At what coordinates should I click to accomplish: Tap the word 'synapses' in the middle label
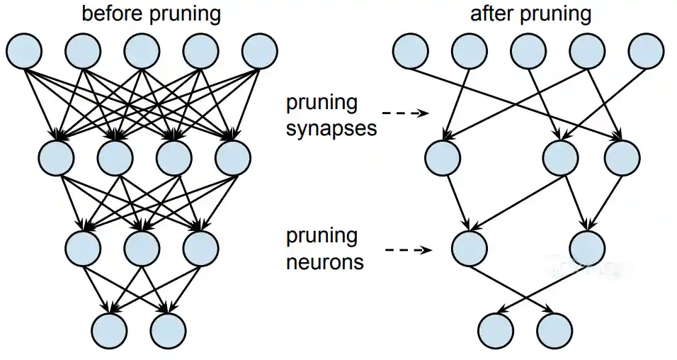tap(331, 128)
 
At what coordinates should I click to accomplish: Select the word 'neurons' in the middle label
tap(325, 262)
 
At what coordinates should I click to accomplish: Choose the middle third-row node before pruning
tap(142, 247)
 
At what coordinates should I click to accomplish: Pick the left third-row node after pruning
tap(469, 247)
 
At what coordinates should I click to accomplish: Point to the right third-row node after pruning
tap(587, 247)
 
